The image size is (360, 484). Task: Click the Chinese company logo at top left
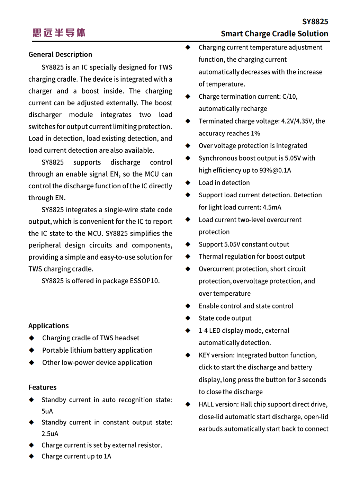(x=59, y=33)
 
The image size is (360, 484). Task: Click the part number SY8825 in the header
(x=315, y=22)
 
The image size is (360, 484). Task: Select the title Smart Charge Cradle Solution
(x=274, y=34)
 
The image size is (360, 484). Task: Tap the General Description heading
(x=60, y=54)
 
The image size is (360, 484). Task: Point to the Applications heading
(x=48, y=326)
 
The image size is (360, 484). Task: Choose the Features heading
(x=42, y=387)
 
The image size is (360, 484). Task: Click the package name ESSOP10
(x=144, y=281)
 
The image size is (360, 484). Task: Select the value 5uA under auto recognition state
(x=47, y=411)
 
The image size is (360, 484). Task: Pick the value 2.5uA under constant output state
(x=50, y=434)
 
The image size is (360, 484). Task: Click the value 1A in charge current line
(x=107, y=456)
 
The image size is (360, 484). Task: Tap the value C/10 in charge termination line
(x=290, y=97)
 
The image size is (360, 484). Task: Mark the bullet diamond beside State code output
(x=188, y=318)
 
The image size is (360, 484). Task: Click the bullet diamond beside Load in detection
(x=188, y=182)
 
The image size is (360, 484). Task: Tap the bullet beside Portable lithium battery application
(x=31, y=350)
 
